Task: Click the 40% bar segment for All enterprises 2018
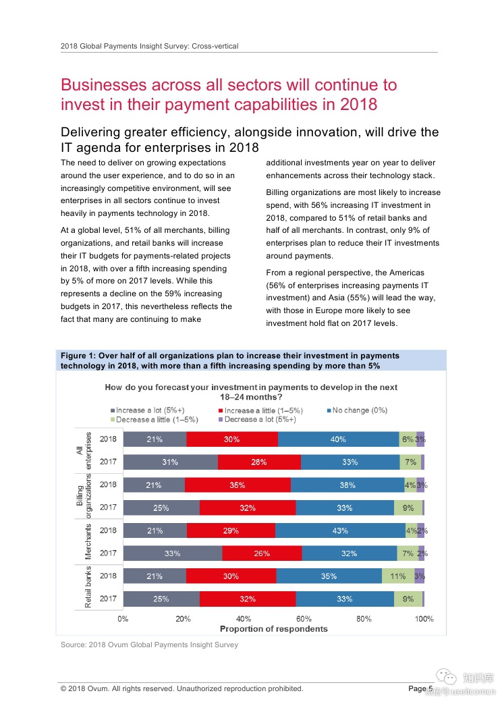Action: point(338,439)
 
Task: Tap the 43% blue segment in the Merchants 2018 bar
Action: point(340,530)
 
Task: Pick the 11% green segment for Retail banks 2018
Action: point(398,576)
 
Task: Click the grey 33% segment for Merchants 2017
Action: point(172,553)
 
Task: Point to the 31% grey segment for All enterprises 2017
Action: point(170,462)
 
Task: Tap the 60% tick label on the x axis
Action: point(304,618)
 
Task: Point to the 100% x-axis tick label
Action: point(424,618)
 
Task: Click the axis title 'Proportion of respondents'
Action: point(274,629)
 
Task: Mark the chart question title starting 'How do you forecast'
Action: point(251,392)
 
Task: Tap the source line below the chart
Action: point(149,645)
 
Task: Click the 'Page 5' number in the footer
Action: point(420,688)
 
